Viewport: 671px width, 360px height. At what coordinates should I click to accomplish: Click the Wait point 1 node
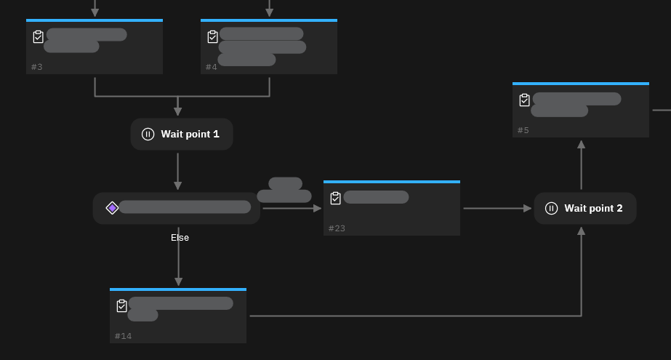pyautogui.click(x=182, y=135)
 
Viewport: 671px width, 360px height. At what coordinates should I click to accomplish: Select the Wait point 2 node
pyautogui.click(x=585, y=209)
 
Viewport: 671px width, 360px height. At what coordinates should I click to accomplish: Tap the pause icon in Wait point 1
pyautogui.click(x=148, y=135)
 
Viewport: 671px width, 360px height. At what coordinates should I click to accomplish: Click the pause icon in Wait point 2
pyautogui.click(x=551, y=209)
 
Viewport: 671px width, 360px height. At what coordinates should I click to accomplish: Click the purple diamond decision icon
pyautogui.click(x=112, y=208)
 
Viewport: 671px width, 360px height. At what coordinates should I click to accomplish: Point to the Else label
pyautogui.click(x=180, y=238)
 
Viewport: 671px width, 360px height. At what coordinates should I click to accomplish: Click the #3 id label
pyautogui.click(x=36, y=67)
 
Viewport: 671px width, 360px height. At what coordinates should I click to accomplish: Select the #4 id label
pyautogui.click(x=211, y=67)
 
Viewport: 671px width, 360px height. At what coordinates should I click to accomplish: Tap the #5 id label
pyautogui.click(x=523, y=130)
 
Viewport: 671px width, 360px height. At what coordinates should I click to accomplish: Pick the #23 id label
pyautogui.click(x=337, y=228)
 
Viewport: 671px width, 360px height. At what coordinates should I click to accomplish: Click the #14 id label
pyautogui.click(x=123, y=336)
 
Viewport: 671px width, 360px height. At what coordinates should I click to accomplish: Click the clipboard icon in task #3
pyautogui.click(x=39, y=36)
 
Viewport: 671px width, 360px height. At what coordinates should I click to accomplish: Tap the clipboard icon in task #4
pyautogui.click(x=213, y=36)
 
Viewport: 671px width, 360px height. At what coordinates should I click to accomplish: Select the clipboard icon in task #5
pyautogui.click(x=525, y=100)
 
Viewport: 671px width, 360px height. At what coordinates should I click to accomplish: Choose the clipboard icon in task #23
pyautogui.click(x=336, y=198)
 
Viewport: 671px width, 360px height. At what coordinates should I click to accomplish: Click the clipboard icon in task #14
pyautogui.click(x=122, y=305)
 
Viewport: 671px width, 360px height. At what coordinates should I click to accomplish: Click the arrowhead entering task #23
pyautogui.click(x=317, y=209)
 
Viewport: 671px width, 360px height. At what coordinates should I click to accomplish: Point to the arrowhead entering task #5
pyautogui.click(x=581, y=145)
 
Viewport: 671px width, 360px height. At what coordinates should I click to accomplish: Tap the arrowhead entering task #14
pyautogui.click(x=178, y=281)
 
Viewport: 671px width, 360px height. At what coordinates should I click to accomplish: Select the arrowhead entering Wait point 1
pyautogui.click(x=178, y=112)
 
